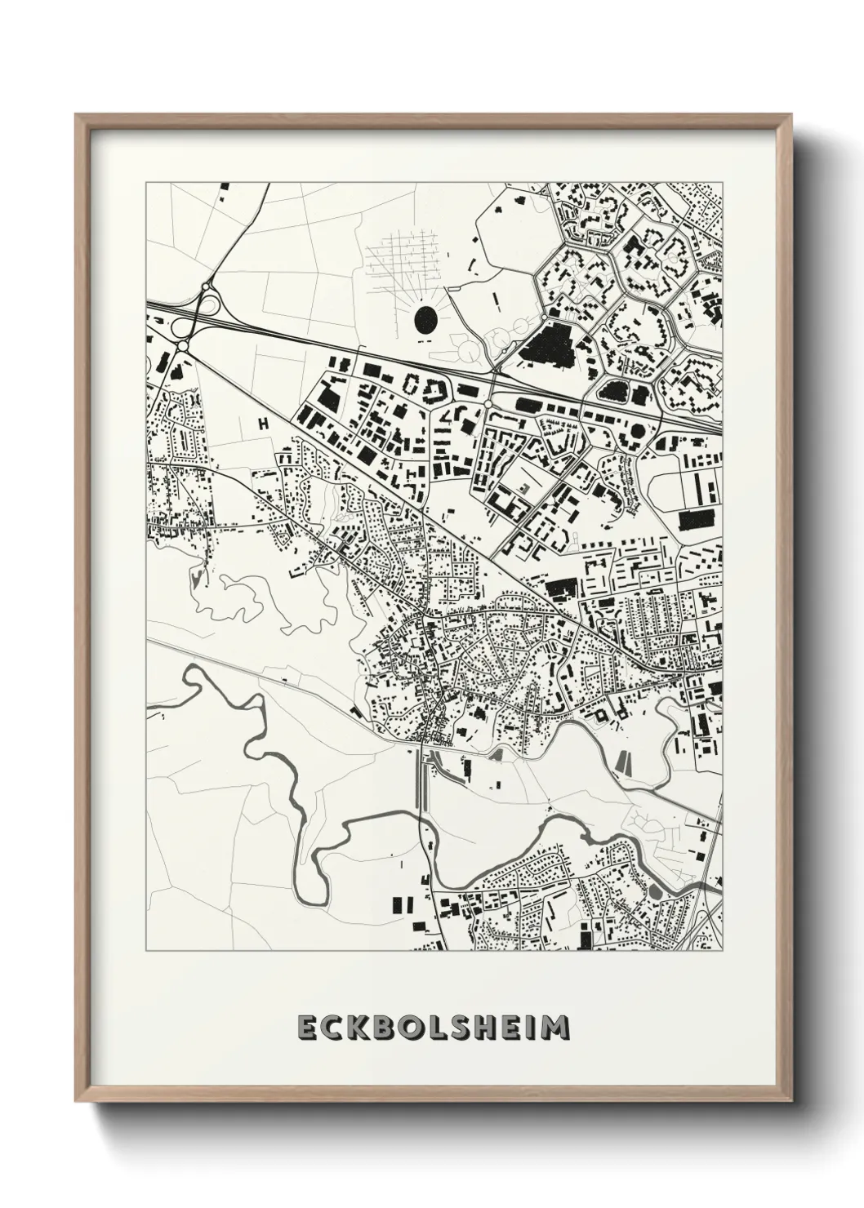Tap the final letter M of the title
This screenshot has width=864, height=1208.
(556, 1028)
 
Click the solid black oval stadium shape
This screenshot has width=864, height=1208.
(425, 319)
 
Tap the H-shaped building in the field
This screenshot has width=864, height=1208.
(263, 423)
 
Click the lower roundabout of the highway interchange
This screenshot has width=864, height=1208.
(182, 347)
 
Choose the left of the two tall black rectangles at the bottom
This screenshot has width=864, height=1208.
(399, 904)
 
